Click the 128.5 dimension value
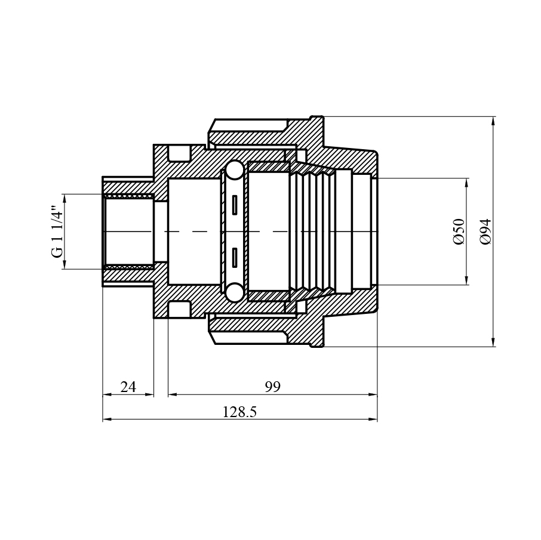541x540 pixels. coord(239,412)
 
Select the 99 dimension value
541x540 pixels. coord(272,387)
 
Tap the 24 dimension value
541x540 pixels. coord(128,387)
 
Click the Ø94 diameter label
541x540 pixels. coord(485,232)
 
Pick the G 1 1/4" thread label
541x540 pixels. coord(57,232)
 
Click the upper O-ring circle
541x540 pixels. coord(235,169)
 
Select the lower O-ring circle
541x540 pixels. coord(235,292)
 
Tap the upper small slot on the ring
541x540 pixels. coord(235,205)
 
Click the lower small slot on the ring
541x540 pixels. coord(235,257)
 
